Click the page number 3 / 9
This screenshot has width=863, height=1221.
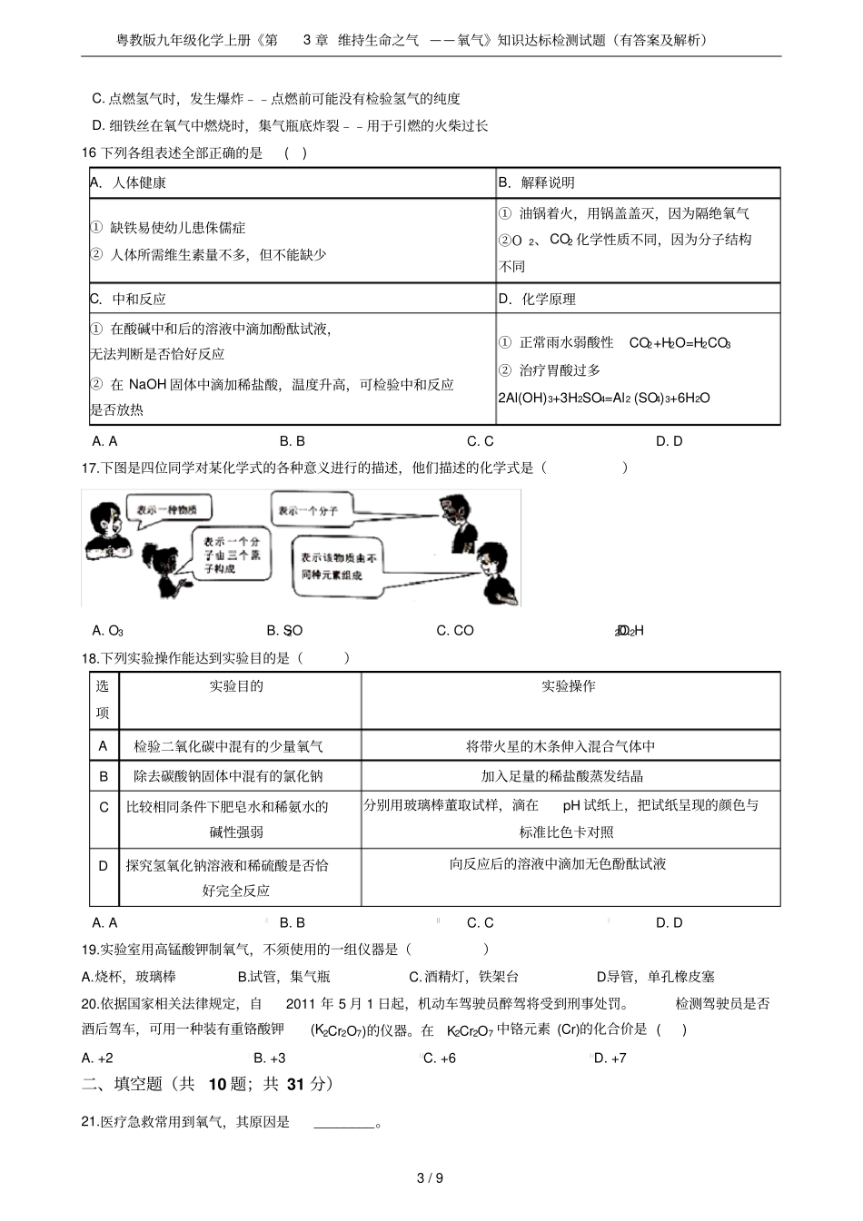pyautogui.click(x=430, y=1178)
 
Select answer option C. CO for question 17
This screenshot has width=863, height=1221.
pyautogui.click(x=455, y=630)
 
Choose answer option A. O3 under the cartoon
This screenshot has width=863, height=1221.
pyautogui.click(x=107, y=630)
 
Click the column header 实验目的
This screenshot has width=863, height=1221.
pyautogui.click(x=236, y=686)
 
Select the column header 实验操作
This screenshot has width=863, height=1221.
pyautogui.click(x=569, y=686)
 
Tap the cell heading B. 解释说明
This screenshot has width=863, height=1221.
pyautogui.click(x=536, y=182)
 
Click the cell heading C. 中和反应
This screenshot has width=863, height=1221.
pyautogui.click(x=128, y=299)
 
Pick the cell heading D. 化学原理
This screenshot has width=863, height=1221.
pyautogui.click(x=537, y=299)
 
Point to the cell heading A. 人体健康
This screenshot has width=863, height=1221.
pyautogui.click(x=128, y=182)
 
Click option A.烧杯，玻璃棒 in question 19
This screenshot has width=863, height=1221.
pyautogui.click(x=129, y=976)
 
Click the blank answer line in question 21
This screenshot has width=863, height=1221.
pyautogui.click(x=344, y=1123)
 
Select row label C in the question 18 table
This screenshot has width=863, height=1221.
pyautogui.click(x=104, y=807)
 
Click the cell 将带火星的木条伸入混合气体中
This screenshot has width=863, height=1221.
pyautogui.click(x=560, y=746)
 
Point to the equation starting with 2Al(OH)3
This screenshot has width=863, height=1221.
pyautogui.click(x=604, y=398)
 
